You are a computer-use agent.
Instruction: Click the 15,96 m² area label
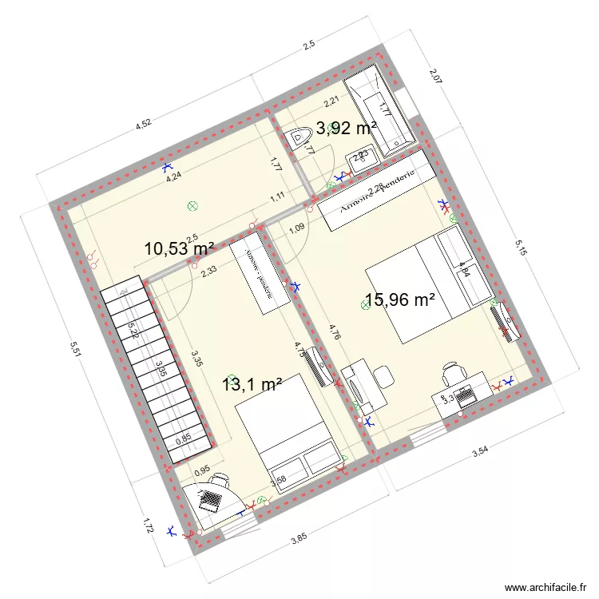point(399,300)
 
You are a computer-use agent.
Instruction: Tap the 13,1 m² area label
point(252,385)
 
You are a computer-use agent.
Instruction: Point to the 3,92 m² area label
point(346,127)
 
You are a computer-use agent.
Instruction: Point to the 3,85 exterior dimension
point(298,539)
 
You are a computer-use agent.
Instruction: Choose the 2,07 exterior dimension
point(434,77)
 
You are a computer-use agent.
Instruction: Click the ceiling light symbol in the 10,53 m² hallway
point(192,206)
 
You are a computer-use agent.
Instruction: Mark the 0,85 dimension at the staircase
point(183,437)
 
